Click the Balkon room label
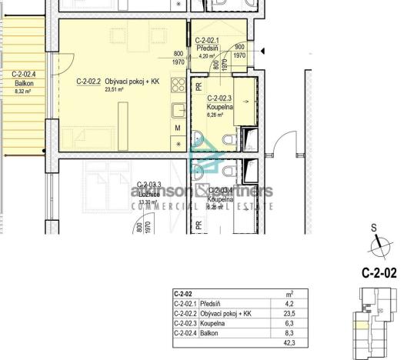(23, 82)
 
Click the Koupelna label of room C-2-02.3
(221, 107)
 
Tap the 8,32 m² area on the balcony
(23, 91)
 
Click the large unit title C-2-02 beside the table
(379, 272)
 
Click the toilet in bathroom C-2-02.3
(229, 139)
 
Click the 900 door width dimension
(239, 46)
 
